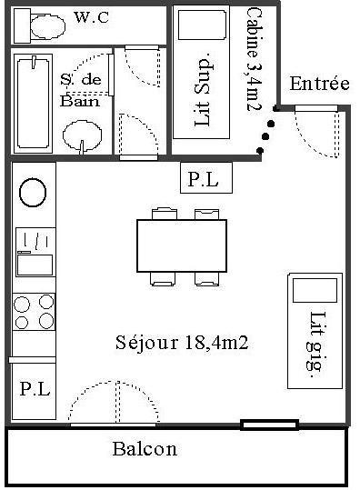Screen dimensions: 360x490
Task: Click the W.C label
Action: (x=92, y=17)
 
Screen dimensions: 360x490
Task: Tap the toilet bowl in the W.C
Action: (x=48, y=26)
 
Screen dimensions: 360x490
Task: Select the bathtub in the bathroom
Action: (x=33, y=104)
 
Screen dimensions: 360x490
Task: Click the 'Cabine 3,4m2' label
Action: (x=254, y=59)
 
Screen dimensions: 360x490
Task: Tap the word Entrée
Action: (x=319, y=84)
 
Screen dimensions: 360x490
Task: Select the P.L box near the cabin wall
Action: (x=206, y=178)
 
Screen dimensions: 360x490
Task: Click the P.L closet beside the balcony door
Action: (x=34, y=390)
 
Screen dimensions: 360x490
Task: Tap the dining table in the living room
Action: (x=182, y=245)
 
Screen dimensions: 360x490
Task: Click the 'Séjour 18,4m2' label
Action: (x=182, y=343)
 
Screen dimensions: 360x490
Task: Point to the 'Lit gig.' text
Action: (x=315, y=341)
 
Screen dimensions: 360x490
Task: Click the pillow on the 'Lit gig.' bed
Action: (x=315, y=290)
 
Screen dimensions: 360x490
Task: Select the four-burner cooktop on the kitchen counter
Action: (x=34, y=312)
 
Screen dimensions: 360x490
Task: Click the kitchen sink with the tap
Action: (x=35, y=252)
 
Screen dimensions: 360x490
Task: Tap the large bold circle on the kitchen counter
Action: (x=33, y=193)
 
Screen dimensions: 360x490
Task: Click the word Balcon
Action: (x=145, y=449)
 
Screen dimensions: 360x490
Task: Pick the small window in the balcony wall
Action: (x=269, y=425)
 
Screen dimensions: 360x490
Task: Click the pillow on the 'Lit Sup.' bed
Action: (x=202, y=25)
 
